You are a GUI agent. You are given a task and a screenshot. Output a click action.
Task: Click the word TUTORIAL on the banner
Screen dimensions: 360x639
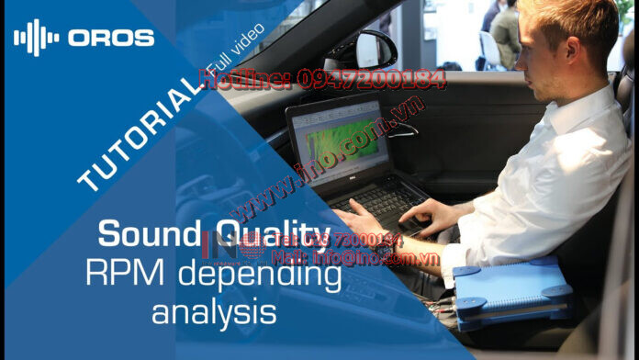pyautogui.click(x=143, y=134)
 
